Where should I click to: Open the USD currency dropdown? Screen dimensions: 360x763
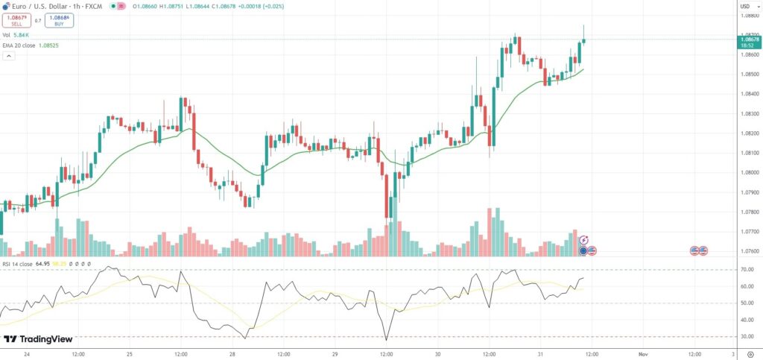tap(744, 7)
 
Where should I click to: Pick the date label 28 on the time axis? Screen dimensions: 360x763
tap(232, 354)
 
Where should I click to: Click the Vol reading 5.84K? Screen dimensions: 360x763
tap(21, 35)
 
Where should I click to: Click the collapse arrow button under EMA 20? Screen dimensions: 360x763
tap(9, 56)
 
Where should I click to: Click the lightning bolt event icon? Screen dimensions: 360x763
tap(583, 240)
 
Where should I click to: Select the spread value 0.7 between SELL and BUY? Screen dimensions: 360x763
tap(38, 21)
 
